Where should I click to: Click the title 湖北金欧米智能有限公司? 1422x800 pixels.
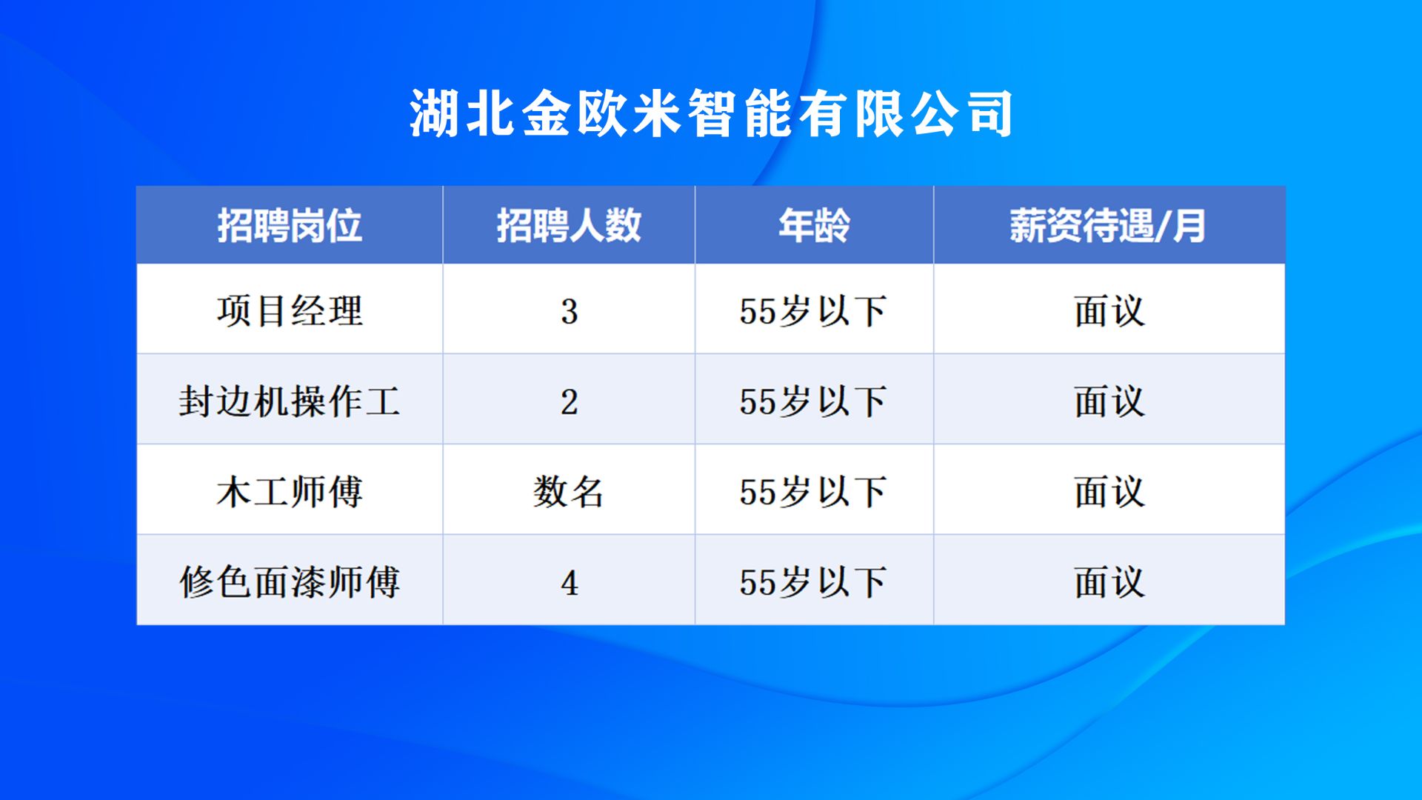point(711,113)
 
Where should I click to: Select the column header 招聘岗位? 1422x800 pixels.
point(290,225)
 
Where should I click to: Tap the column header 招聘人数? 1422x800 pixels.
point(569,225)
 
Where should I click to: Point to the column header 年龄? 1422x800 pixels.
point(814,225)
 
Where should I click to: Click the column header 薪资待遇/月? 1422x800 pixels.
point(1108,225)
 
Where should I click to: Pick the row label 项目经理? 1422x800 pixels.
point(290,310)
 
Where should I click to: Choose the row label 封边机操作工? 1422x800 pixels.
point(290,401)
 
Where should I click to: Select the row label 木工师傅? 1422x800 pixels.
point(290,492)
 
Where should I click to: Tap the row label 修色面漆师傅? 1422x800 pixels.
point(290,582)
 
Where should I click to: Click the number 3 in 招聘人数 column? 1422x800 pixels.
point(569,312)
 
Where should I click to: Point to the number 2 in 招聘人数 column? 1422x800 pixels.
point(569,402)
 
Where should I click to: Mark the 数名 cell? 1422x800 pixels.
point(569,492)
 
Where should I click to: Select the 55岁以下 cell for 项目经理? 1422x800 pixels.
point(813,311)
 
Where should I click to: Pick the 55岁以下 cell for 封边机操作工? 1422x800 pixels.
point(813,401)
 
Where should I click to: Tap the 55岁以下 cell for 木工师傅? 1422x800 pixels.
point(813,492)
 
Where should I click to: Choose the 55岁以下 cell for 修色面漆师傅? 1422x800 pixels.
point(813,582)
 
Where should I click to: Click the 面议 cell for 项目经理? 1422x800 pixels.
point(1109,311)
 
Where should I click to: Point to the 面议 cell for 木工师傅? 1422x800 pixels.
point(1109,492)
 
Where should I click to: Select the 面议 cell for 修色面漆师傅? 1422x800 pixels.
point(1109,582)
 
